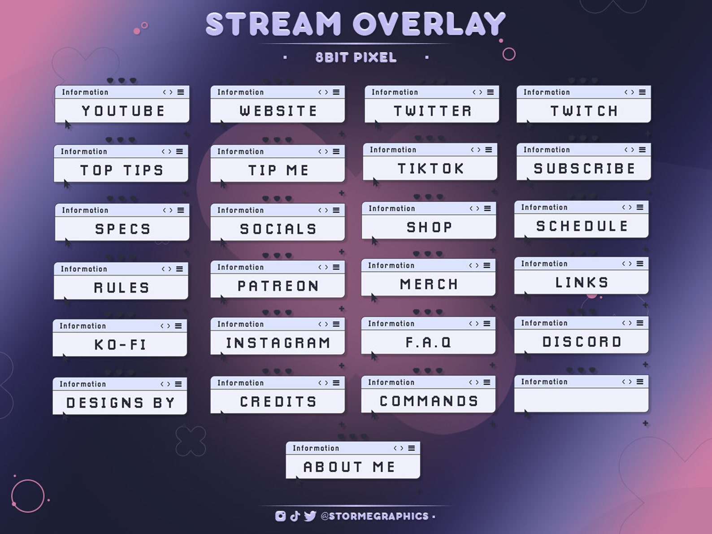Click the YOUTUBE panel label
tap(123, 111)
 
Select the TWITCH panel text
tap(584, 111)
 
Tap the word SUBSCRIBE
tap(584, 169)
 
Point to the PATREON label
tap(278, 286)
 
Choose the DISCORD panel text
tap(582, 342)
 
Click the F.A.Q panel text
tap(429, 343)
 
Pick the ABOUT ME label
tap(350, 467)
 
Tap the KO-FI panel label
tap(120, 345)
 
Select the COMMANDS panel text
tap(429, 401)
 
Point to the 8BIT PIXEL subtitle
tap(356, 57)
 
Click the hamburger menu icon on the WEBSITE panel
tap(336, 92)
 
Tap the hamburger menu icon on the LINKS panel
tap(640, 264)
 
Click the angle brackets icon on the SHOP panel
tap(474, 208)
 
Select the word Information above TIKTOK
tap(393, 150)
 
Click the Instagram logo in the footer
tap(280, 516)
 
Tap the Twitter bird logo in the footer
tap(310, 516)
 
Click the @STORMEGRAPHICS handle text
tap(374, 517)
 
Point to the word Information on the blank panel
tap(544, 382)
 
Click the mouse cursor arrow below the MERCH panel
tap(373, 298)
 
